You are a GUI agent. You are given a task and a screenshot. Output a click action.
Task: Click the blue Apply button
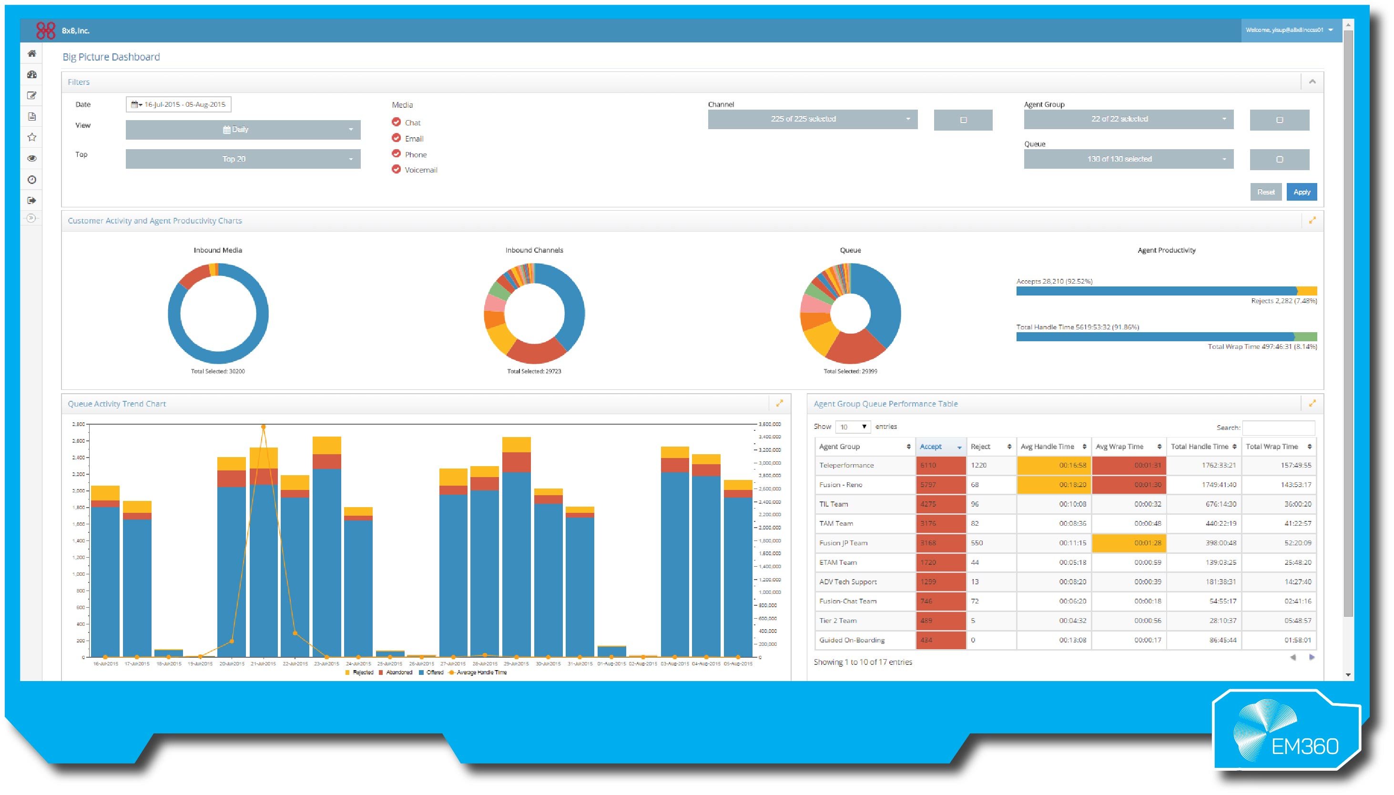coord(1301,192)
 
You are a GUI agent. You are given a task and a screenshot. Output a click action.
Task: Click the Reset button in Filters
coord(1265,192)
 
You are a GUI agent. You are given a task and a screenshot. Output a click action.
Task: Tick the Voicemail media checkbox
coord(396,169)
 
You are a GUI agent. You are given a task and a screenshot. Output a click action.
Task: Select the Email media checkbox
coord(396,138)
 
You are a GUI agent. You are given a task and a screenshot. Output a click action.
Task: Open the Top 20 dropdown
coord(243,159)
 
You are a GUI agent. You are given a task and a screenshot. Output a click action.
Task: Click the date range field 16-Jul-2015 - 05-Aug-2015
coord(179,104)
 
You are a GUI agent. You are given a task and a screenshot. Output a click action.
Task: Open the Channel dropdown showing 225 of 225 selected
coord(812,119)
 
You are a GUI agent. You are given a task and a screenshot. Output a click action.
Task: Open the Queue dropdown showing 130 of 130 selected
coord(1128,159)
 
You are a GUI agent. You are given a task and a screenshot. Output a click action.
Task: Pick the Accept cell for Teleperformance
coord(940,465)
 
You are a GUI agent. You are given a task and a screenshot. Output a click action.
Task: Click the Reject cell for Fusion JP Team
coord(990,543)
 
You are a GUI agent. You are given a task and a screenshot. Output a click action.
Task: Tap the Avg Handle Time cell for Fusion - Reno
coord(1053,485)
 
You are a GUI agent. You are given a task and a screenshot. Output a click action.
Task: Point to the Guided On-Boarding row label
coord(852,640)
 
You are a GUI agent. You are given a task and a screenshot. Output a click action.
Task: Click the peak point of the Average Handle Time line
coord(264,427)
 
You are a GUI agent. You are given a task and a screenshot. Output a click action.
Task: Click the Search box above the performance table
coord(1278,427)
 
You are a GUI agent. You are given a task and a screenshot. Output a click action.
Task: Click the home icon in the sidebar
coord(31,53)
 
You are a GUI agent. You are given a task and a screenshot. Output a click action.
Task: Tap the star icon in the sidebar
coord(31,137)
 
